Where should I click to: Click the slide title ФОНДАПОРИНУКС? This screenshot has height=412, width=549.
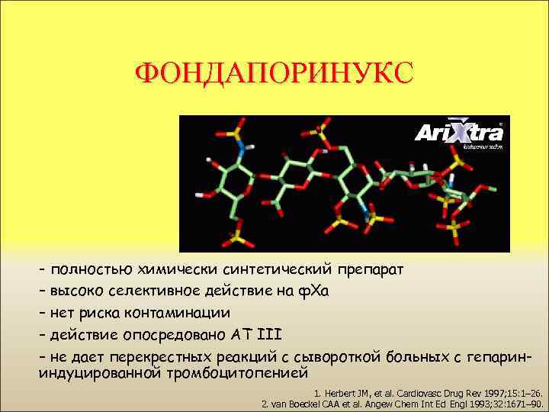(x=274, y=73)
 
